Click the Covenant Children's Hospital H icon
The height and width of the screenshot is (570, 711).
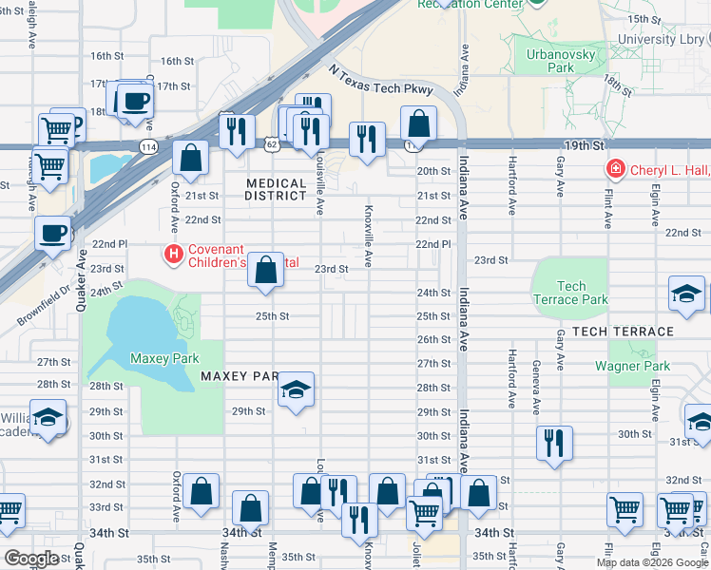tap(173, 255)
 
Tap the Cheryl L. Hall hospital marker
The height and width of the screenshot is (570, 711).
tap(616, 169)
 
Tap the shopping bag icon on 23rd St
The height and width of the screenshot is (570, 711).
tap(267, 271)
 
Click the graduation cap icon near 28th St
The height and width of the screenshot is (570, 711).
tap(296, 389)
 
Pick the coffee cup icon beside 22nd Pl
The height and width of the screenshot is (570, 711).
tap(53, 233)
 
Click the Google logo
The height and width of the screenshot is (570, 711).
tap(32, 559)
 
